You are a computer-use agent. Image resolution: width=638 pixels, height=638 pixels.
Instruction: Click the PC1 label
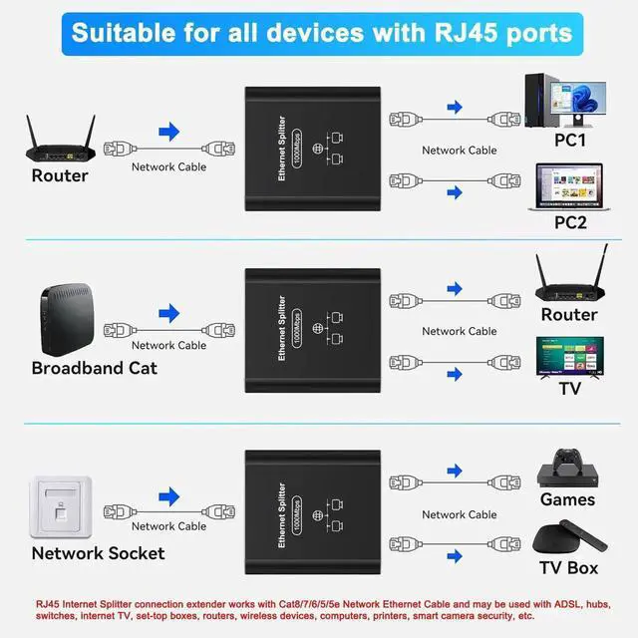point(570,141)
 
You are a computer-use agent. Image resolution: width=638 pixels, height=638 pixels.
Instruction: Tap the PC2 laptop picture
point(569,185)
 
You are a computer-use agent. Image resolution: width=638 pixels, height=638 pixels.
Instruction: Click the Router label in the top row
point(60,175)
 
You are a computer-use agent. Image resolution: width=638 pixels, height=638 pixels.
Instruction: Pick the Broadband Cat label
point(95,368)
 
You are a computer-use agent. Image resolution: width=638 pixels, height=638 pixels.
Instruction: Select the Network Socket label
point(98,552)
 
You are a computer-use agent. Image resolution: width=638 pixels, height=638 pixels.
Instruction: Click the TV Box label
point(569,567)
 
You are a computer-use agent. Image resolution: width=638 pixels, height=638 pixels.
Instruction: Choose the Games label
point(567,499)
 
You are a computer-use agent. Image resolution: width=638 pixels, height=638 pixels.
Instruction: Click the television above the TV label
point(569,356)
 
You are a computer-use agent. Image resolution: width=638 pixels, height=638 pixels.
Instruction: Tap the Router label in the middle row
point(569,315)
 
